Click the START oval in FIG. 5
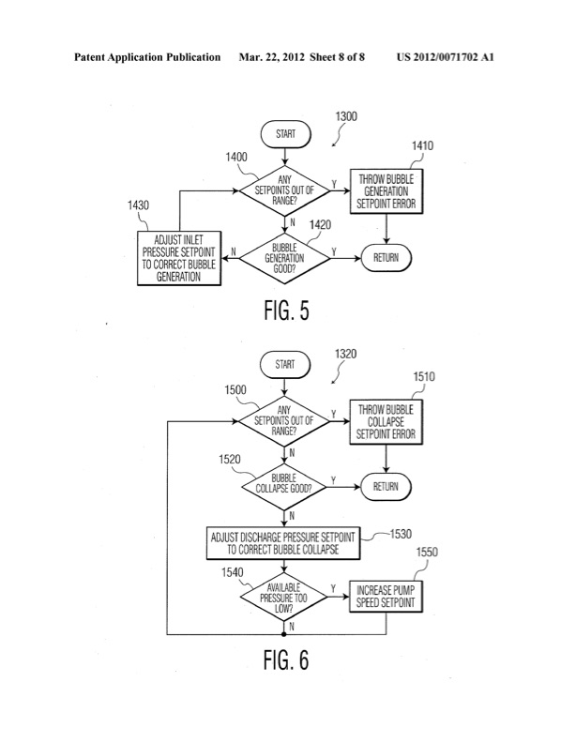click(x=285, y=134)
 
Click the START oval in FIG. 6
click(x=285, y=363)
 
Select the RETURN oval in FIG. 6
click(x=386, y=486)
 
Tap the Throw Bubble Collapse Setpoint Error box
click(x=386, y=421)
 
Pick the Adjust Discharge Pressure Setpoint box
click(x=284, y=542)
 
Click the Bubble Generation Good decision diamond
click(x=285, y=256)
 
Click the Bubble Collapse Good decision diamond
click(x=284, y=486)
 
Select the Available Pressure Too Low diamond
click(x=284, y=595)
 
